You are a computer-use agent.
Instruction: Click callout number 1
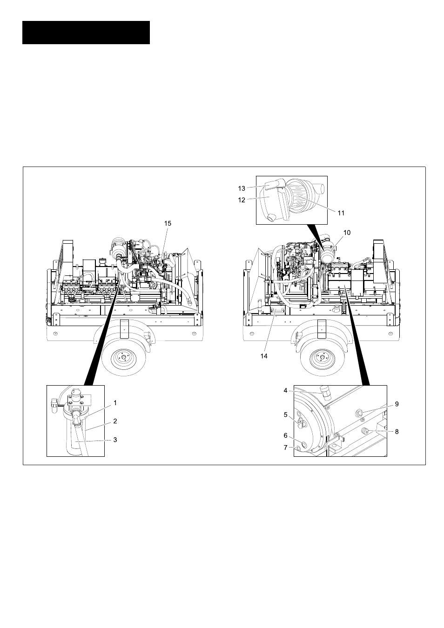tap(115, 403)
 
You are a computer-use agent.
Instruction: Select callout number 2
tap(115, 421)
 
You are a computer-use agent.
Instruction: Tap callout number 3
tap(115, 440)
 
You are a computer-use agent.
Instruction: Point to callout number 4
tap(286, 390)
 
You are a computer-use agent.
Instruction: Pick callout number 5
tap(286, 414)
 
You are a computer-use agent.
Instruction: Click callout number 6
tap(286, 435)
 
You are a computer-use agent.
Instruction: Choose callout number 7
tap(286, 448)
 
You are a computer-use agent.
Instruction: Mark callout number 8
tap(397, 432)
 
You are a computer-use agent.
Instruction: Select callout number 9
tap(397, 404)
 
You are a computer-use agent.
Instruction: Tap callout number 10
tap(347, 233)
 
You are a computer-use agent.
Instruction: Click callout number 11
tap(341, 213)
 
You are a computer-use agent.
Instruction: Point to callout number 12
tap(242, 200)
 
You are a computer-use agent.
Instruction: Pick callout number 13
tap(242, 188)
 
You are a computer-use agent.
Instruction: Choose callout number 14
tap(264, 356)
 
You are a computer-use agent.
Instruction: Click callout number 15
tap(168, 223)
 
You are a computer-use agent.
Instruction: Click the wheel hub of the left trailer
tap(123, 358)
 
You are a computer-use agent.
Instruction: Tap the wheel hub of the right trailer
tap(322, 358)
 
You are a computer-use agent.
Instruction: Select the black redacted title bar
tap(86, 33)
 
